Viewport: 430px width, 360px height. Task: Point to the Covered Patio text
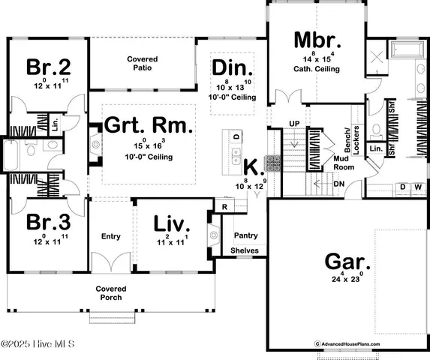click(x=141, y=64)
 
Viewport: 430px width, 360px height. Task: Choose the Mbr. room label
click(x=316, y=39)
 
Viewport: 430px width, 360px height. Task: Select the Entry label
click(x=110, y=237)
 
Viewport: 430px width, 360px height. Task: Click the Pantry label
click(x=245, y=235)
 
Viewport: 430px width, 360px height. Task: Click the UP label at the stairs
click(x=294, y=123)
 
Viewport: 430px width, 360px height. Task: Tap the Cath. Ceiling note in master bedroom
click(x=316, y=69)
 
